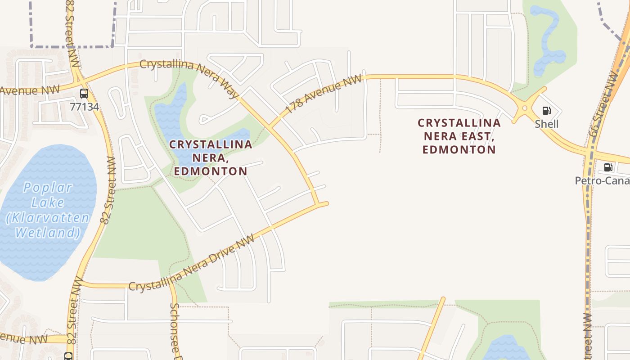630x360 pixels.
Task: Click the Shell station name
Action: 547,124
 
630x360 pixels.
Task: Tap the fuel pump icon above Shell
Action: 547,111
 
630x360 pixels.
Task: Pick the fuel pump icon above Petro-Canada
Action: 608,168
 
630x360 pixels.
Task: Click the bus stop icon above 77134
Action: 84,94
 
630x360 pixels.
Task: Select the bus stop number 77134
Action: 84,107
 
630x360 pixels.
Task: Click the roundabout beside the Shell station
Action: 524,108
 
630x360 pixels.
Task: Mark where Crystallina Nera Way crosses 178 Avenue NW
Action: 270,127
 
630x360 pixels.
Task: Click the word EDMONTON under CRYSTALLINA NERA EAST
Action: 459,149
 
